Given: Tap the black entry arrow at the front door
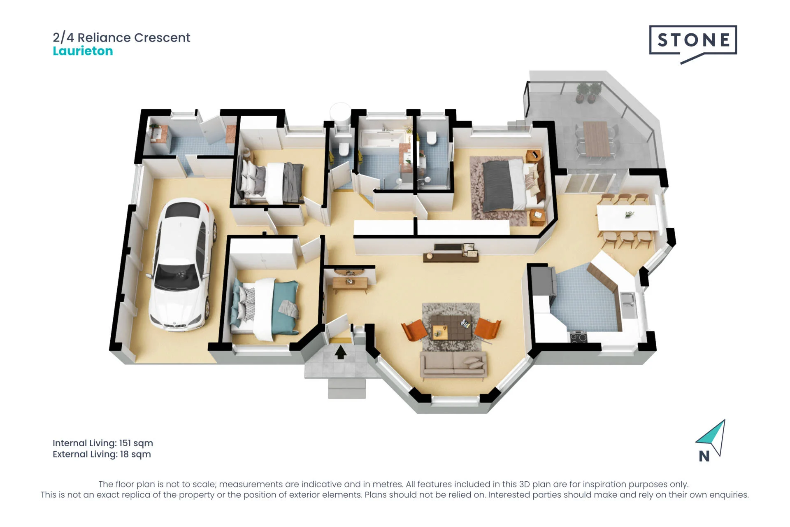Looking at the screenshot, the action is coord(340,352).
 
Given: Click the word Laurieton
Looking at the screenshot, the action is coord(83,51).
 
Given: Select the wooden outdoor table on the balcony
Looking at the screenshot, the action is coord(595,138).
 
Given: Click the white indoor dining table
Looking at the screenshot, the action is coord(627,217).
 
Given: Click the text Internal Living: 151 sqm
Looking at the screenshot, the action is coord(103,443).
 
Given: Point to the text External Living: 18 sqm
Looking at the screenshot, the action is coord(102,454).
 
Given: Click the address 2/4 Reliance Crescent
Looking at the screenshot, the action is coord(121,37).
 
